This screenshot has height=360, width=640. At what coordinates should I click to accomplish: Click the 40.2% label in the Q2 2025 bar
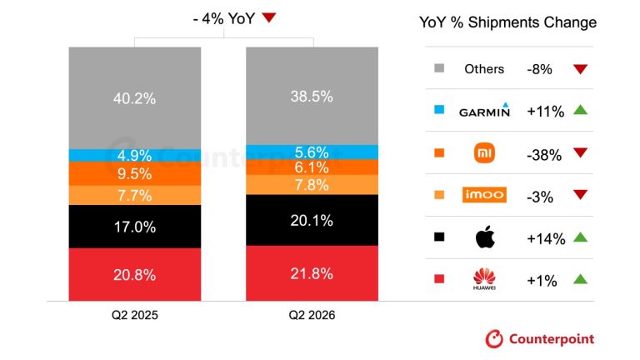[135, 98]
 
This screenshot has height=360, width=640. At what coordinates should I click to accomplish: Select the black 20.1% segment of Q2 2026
[312, 220]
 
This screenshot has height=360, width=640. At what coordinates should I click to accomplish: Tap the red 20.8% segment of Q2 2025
[135, 274]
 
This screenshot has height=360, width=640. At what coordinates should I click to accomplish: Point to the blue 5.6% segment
[312, 152]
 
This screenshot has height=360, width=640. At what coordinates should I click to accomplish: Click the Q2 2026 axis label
[312, 315]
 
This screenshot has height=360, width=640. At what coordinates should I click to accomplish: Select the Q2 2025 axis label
[135, 315]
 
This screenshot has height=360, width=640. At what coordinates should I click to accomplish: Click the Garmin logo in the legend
[484, 110]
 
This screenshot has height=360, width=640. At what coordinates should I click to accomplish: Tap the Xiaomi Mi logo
[484, 153]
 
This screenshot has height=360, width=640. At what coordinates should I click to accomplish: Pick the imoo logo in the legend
[484, 195]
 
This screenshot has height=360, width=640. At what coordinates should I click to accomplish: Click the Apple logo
[485, 237]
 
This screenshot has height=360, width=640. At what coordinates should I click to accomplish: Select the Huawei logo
[484, 279]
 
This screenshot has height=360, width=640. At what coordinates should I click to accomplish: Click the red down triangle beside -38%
[580, 152]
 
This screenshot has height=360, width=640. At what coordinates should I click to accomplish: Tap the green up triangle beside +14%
[580, 237]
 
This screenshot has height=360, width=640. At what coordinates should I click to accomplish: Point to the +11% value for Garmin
[545, 111]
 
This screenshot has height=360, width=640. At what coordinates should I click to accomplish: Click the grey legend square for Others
[439, 68]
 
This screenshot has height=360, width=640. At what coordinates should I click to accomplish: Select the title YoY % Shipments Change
[507, 22]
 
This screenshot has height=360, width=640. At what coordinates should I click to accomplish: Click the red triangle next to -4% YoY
[269, 17]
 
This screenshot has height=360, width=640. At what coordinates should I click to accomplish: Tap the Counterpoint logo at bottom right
[540, 339]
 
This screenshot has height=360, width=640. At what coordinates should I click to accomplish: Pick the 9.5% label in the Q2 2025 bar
[135, 174]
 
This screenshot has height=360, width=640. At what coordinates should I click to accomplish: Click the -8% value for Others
[539, 69]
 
